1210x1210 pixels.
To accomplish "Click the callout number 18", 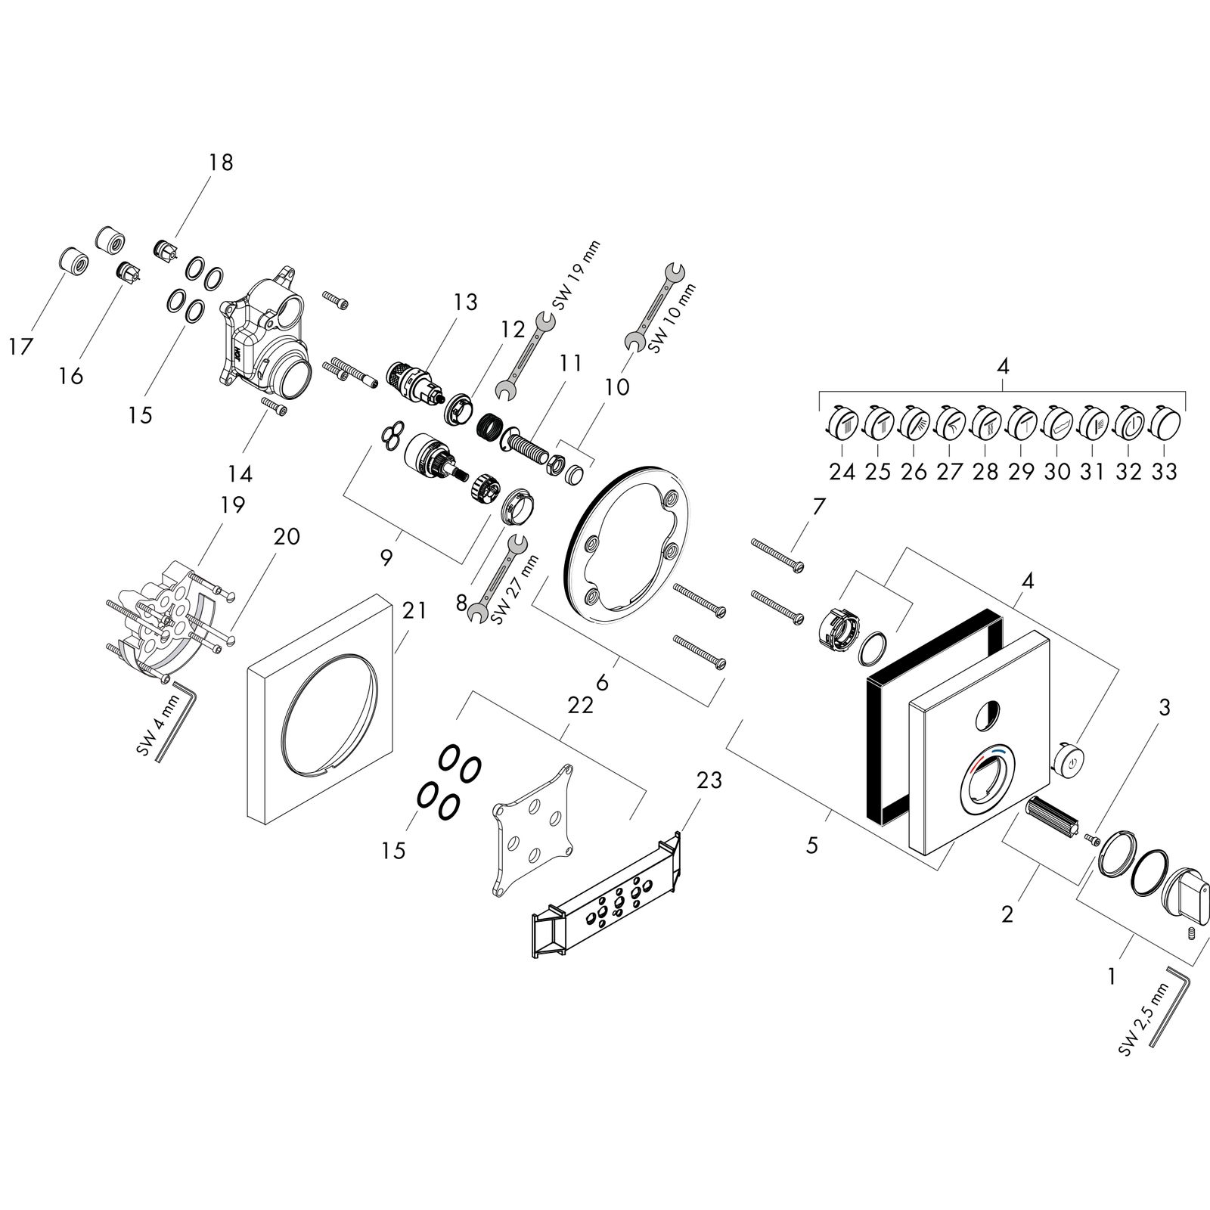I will coord(222,163).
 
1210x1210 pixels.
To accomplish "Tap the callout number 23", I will coord(710,780).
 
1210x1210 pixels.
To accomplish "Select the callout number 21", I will coord(414,610).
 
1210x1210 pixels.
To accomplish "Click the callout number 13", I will coord(466,302).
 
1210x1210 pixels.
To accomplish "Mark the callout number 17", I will coord(21,347).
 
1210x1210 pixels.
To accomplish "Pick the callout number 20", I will coord(287,537).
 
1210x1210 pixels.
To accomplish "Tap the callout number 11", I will coord(571,364).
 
